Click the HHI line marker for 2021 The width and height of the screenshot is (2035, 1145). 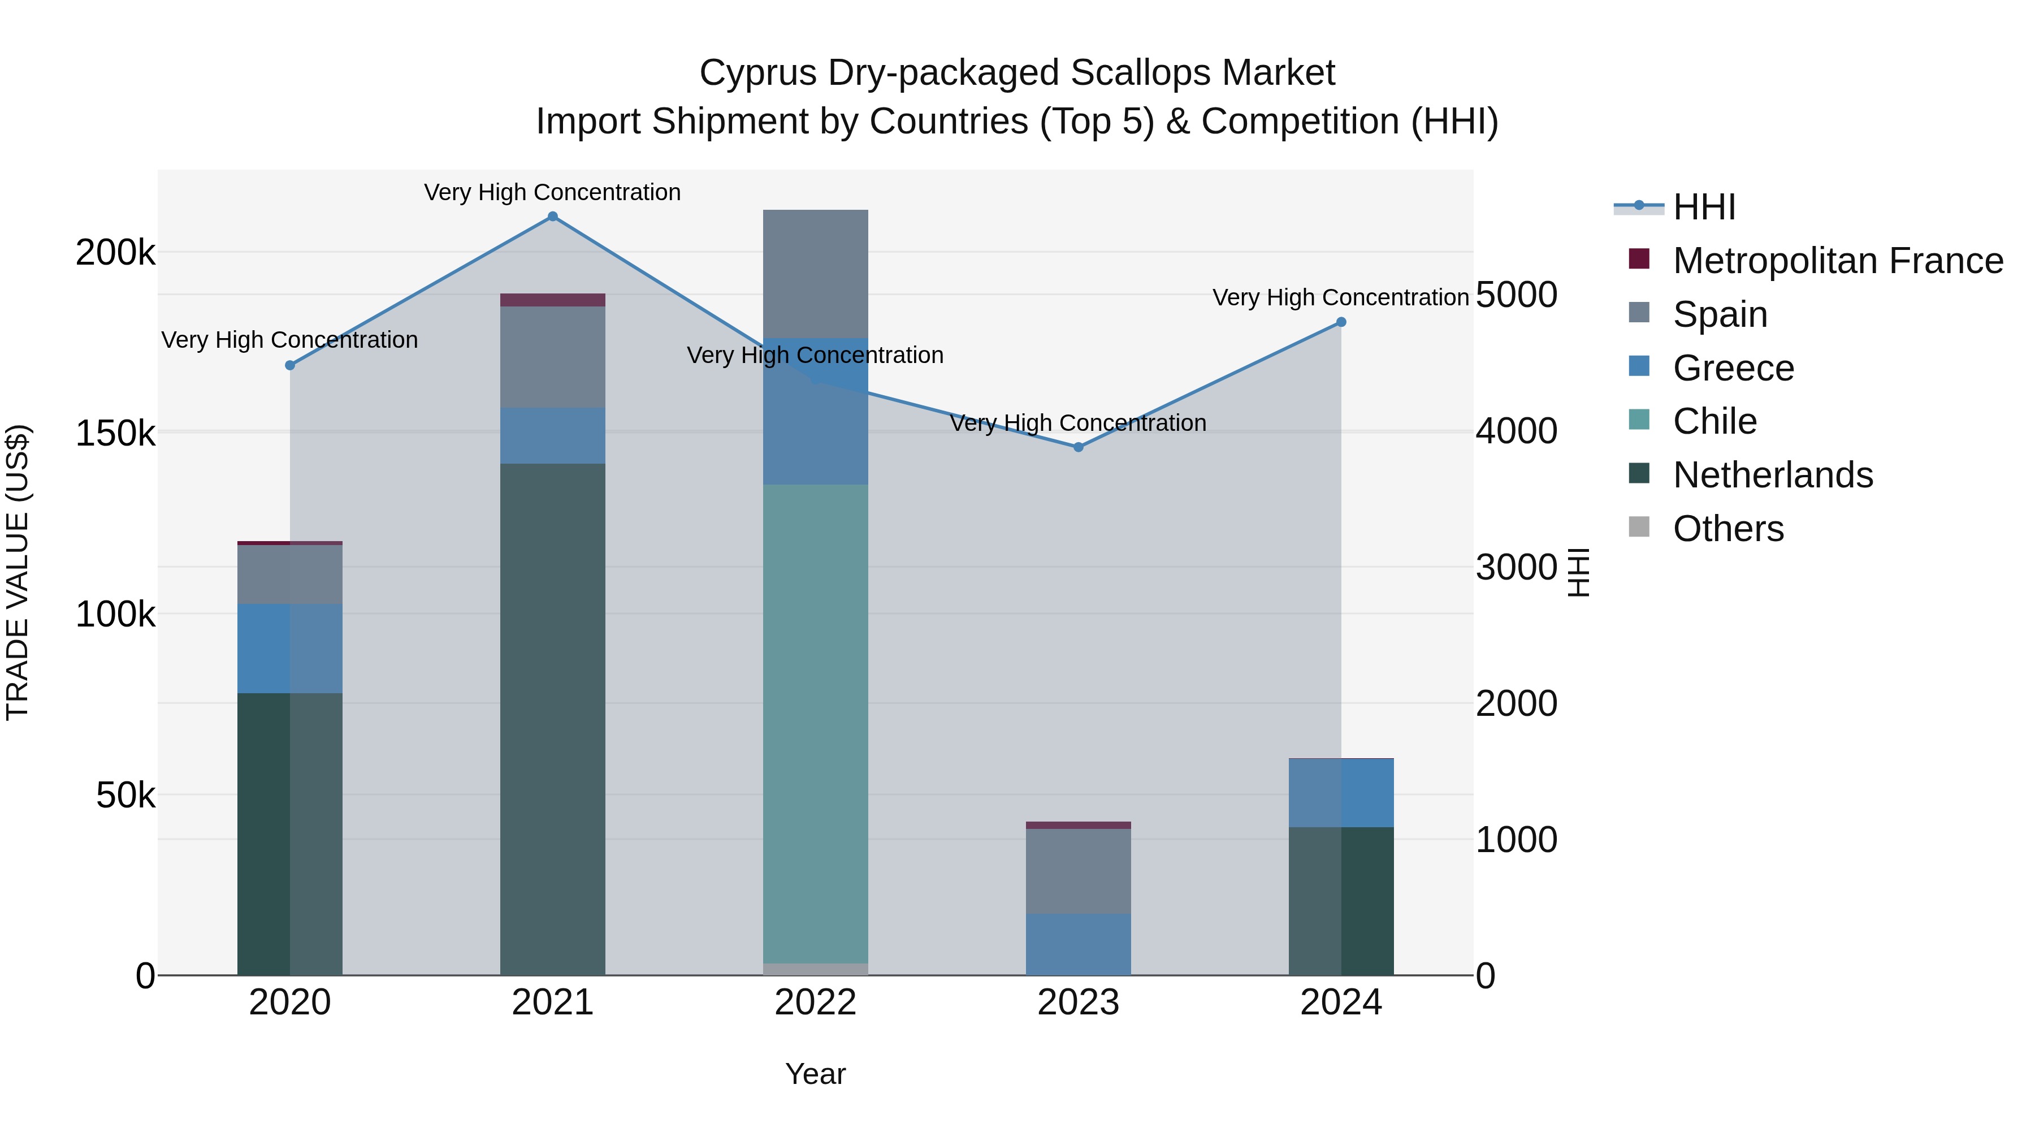[552, 217]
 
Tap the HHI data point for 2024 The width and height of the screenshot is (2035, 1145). [1341, 322]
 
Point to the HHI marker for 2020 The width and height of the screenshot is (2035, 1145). [290, 366]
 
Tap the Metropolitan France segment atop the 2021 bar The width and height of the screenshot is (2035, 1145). [552, 300]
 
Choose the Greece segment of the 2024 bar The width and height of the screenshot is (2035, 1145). [1341, 793]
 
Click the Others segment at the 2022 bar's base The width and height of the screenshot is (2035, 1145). [815, 969]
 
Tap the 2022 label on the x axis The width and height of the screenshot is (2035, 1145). [815, 1003]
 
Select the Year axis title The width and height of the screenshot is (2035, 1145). [815, 1074]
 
